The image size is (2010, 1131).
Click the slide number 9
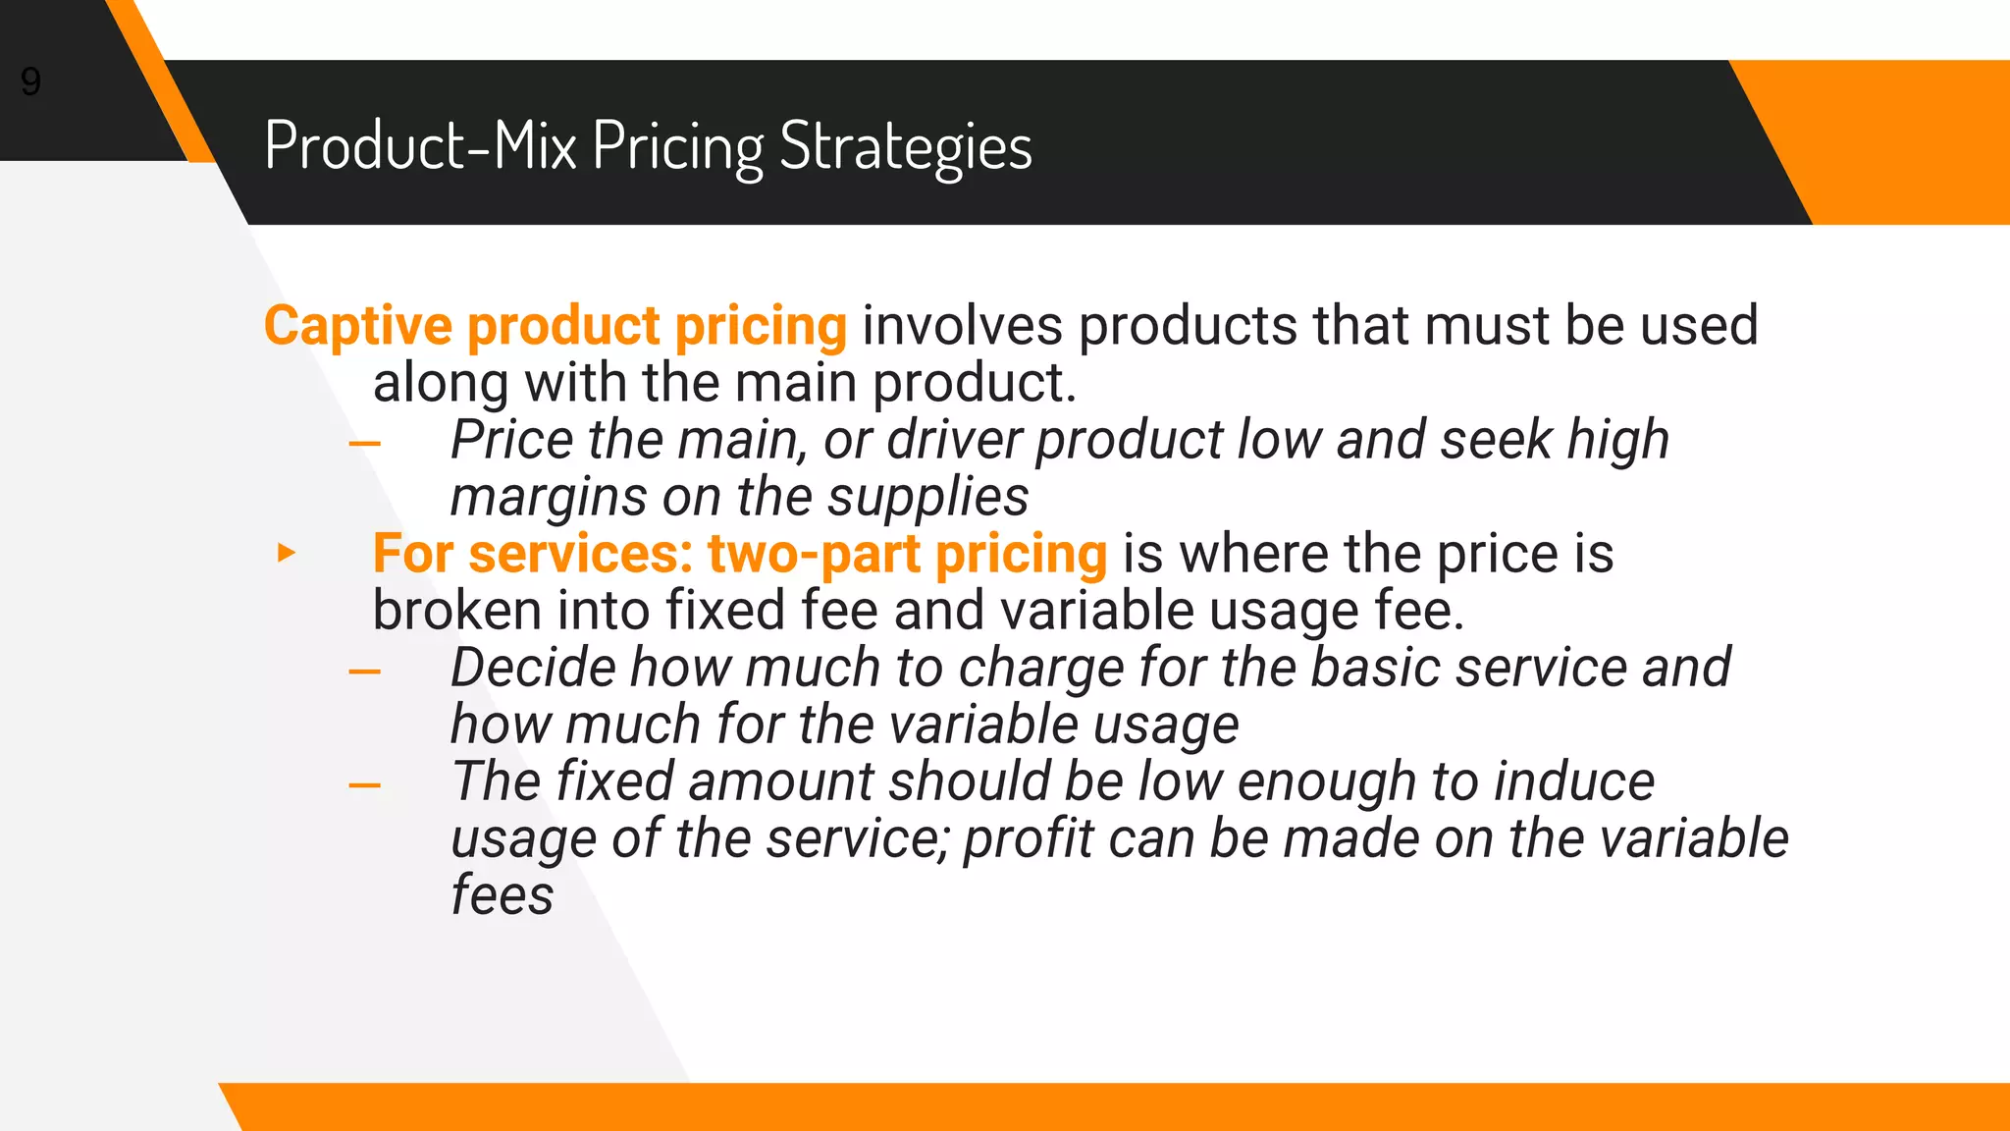point(30,81)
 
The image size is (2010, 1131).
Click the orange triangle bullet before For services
point(286,553)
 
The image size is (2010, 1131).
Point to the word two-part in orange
point(813,555)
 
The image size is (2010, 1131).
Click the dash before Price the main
point(364,444)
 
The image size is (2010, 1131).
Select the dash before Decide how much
point(364,672)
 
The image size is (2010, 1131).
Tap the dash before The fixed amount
point(364,785)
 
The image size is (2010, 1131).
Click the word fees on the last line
point(502,895)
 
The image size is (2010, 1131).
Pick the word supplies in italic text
point(927,497)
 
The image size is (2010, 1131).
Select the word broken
point(456,611)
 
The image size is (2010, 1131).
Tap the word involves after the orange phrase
point(962,326)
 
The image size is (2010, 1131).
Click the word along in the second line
point(440,383)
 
